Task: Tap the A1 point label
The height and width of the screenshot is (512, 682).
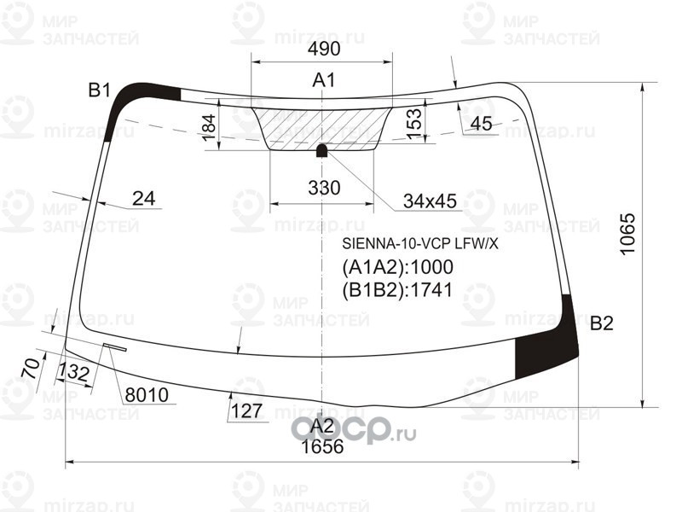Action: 323,81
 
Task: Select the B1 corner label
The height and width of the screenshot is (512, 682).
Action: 100,90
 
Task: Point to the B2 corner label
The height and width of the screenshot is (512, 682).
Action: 602,323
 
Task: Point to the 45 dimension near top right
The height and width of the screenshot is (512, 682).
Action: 481,125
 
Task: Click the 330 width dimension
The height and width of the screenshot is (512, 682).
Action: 323,188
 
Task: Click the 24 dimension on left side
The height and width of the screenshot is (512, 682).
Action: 144,199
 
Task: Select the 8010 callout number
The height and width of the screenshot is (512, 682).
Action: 146,396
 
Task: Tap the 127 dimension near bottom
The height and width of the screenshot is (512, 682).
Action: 246,411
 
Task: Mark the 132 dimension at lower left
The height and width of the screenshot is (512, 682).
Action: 75,372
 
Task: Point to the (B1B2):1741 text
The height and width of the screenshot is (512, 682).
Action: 396,288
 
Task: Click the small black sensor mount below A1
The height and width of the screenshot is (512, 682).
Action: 322,151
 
